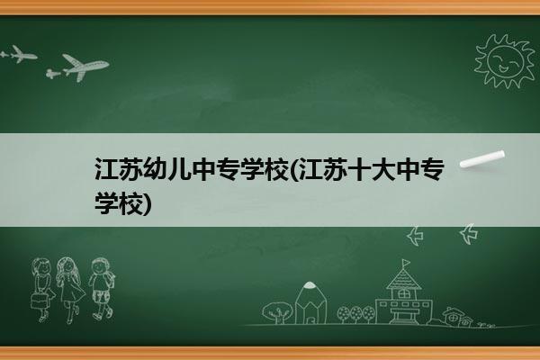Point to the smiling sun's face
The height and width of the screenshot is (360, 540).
click(506, 60)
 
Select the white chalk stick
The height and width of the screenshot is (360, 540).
click(482, 159)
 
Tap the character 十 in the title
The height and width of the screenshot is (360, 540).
click(360, 169)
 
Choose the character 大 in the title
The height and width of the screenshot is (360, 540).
click(384, 169)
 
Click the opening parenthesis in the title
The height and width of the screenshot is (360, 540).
click(295, 169)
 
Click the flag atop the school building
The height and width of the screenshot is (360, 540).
click(407, 263)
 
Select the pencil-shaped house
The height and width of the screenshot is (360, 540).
click(310, 303)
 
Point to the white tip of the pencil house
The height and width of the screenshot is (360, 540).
click(310, 284)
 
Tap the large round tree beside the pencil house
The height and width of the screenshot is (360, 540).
click(277, 312)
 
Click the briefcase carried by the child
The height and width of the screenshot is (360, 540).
click(39, 301)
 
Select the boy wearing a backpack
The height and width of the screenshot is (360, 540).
click(101, 289)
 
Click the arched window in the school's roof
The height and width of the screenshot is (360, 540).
click(403, 293)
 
